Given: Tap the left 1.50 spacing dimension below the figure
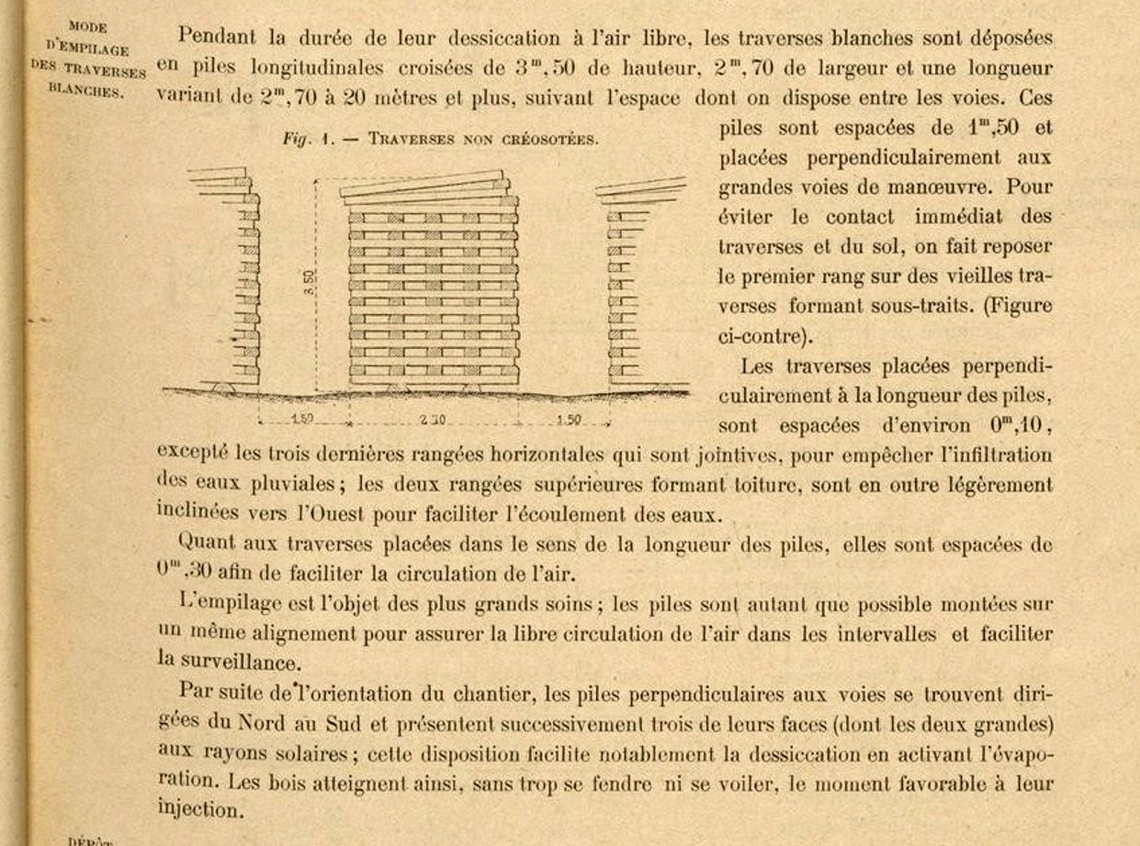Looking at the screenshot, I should [302, 420].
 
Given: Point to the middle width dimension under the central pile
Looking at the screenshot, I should [432, 420].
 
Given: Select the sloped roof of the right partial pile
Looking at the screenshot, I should [640, 189].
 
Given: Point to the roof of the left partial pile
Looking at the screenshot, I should [220, 178].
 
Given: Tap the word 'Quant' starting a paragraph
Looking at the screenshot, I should [209, 544].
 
